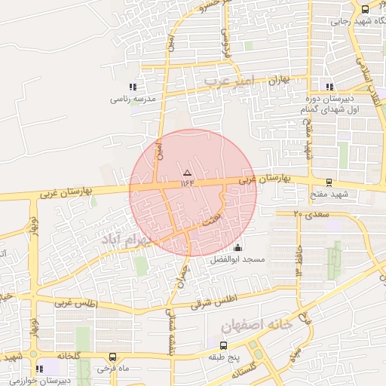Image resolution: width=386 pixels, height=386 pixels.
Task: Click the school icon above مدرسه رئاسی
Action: [133, 87]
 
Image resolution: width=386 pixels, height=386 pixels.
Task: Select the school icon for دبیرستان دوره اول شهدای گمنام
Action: [328, 86]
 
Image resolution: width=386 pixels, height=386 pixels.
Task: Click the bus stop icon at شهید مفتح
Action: [329, 182]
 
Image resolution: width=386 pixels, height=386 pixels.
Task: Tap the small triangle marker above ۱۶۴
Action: [188, 173]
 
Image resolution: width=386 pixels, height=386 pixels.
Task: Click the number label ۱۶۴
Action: [188, 182]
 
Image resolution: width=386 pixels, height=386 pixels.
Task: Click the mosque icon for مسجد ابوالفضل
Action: [238, 248]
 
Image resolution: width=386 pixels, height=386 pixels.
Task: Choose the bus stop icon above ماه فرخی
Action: [112, 357]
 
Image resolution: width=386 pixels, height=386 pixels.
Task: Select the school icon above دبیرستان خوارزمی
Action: [39, 369]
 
